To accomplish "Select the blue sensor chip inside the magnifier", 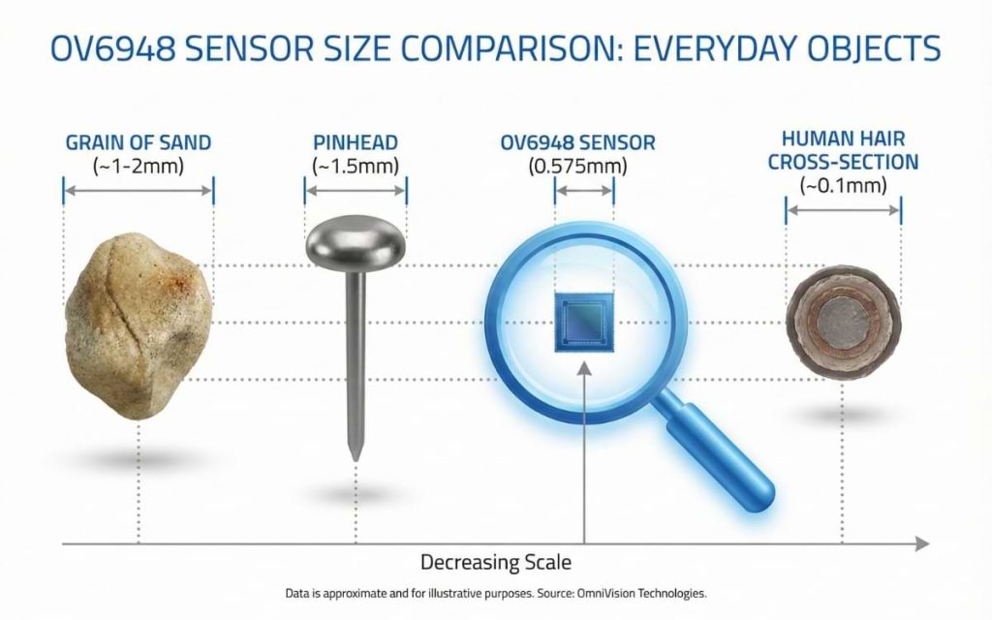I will (x=584, y=321).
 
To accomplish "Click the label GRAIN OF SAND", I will (x=139, y=143).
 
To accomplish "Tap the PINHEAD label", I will (x=356, y=143).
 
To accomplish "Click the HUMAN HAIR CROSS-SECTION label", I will (x=844, y=150).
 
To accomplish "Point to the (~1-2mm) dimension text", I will (x=139, y=166).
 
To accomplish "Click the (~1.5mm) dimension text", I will (x=356, y=166).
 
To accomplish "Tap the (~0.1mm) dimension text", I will (x=844, y=184).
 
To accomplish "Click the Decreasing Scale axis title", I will (x=496, y=562).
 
